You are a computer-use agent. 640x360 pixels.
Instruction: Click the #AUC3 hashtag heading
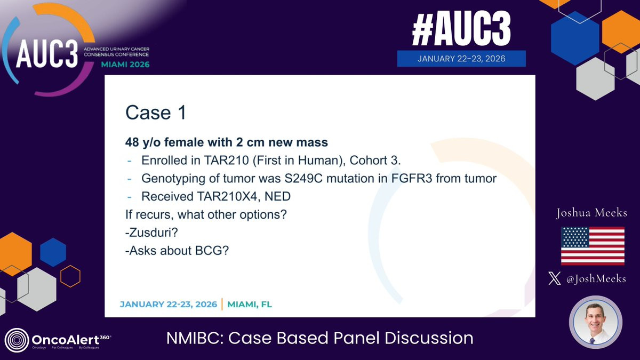[x=461, y=29]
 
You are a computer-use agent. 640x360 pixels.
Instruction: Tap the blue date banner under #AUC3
[x=461, y=59]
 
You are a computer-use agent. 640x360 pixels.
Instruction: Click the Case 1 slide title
[x=156, y=113]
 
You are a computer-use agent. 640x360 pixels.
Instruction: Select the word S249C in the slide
[x=303, y=178]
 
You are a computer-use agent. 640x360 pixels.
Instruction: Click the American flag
[x=593, y=246]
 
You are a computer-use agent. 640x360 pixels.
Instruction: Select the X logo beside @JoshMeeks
[x=555, y=278]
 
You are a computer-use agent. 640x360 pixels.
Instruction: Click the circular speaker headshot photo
[x=595, y=322]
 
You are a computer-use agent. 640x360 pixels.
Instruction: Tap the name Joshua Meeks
[x=591, y=213]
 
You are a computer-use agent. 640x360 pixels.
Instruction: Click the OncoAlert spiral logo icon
[x=17, y=340]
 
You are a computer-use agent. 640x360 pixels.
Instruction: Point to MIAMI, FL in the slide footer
[x=250, y=305]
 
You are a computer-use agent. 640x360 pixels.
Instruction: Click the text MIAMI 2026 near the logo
[x=125, y=65]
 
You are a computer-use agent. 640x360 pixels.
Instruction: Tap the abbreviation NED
[x=277, y=196]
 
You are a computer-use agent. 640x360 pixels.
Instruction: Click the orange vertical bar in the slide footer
[x=222, y=304]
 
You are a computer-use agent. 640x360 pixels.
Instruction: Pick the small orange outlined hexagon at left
[x=70, y=276]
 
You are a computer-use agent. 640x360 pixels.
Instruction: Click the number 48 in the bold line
[x=132, y=142]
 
